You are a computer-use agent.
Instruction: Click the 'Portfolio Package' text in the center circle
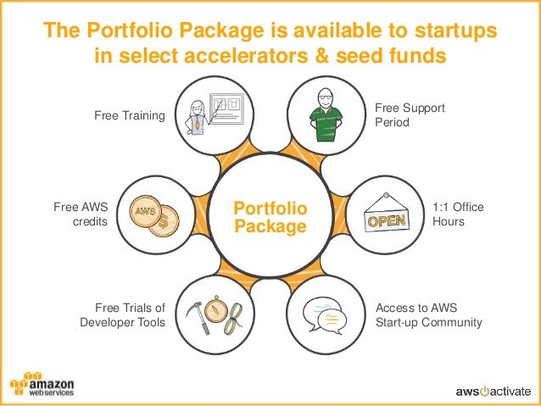pos(270,217)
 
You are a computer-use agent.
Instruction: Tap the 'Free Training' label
pos(130,115)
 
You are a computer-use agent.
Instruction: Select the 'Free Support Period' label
pos(410,115)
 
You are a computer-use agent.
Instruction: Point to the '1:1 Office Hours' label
pos(458,214)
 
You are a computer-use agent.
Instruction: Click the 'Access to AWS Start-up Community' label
pos(429,315)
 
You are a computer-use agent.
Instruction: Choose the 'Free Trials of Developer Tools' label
pos(123,315)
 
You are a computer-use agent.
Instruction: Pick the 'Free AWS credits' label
pos(81,214)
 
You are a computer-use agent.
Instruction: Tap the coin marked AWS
pos(146,211)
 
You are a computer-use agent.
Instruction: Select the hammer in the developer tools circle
pos(198,317)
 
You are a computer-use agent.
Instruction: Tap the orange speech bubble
pos(332,320)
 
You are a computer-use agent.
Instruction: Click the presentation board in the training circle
pos(226,108)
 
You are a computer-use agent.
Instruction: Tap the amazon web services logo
pos(42,384)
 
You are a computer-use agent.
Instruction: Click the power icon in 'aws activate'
pos(484,392)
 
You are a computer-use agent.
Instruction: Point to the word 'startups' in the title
pos(455,30)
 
